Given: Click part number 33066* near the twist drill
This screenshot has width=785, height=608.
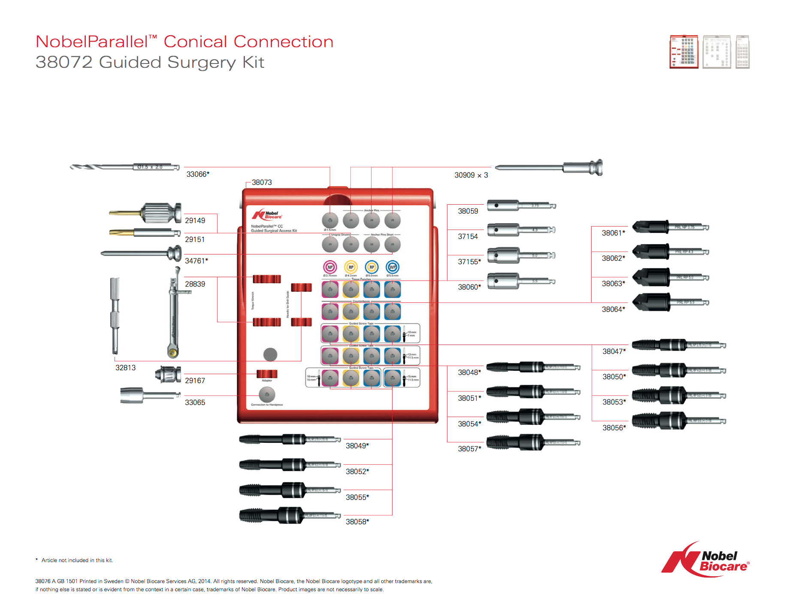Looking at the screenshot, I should click(198, 174).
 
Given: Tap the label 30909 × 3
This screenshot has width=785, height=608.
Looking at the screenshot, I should click(471, 175).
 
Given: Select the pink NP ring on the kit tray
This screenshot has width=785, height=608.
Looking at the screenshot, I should click(330, 267).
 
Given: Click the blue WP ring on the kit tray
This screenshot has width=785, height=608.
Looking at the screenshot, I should click(392, 267).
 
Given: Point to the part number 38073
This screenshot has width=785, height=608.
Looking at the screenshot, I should click(262, 182).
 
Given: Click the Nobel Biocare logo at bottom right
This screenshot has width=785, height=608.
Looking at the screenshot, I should click(706, 560).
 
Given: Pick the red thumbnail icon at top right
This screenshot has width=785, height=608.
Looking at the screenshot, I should click(684, 52).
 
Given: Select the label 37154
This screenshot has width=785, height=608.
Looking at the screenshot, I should click(468, 236).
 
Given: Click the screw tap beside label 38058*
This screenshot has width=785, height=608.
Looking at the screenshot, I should click(290, 515).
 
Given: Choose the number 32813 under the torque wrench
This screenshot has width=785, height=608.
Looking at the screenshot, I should click(125, 368).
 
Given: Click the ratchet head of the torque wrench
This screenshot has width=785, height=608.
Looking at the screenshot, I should click(173, 352).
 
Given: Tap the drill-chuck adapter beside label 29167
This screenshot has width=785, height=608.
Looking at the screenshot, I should click(168, 375).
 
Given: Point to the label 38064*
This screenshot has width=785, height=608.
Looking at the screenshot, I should click(613, 309).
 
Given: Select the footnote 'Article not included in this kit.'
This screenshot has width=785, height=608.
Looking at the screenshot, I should click(77, 560).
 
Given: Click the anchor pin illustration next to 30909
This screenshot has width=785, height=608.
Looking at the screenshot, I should click(549, 168).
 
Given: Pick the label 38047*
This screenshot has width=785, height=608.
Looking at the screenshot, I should click(614, 351).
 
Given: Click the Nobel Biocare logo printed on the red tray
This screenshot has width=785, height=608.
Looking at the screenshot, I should click(267, 215).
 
